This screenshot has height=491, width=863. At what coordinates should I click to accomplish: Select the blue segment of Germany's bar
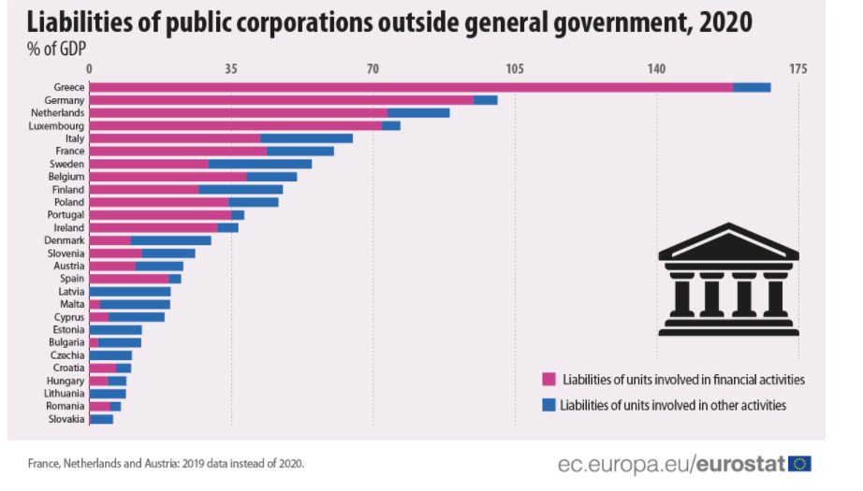(485, 100)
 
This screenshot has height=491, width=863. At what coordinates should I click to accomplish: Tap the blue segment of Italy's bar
(306, 138)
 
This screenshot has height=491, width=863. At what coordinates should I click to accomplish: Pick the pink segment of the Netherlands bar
(238, 112)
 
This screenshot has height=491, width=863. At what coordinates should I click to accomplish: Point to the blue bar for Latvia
(129, 292)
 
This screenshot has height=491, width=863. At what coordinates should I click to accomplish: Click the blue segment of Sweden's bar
(259, 164)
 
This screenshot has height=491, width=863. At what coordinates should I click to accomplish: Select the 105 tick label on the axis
(514, 69)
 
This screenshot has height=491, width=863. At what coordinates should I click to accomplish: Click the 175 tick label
(797, 69)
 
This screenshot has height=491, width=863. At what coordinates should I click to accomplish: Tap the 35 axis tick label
(230, 69)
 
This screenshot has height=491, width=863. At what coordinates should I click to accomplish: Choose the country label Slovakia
(66, 419)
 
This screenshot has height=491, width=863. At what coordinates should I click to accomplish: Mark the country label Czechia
(67, 355)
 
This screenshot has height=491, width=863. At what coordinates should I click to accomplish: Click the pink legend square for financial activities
(549, 380)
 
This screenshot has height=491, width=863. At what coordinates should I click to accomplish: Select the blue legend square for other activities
(549, 405)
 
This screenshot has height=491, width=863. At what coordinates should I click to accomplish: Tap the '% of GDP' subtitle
(53, 47)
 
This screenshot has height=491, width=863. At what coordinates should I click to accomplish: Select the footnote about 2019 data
(166, 463)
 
